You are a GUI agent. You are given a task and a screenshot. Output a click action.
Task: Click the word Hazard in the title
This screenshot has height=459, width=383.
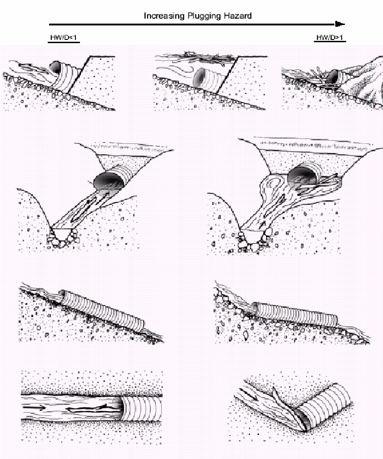[238, 15]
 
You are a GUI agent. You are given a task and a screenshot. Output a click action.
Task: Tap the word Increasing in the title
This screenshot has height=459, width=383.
[164, 16]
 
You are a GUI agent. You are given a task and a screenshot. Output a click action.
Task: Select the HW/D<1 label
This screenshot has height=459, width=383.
[63, 38]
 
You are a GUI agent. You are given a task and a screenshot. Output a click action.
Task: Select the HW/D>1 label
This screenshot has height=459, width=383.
[330, 38]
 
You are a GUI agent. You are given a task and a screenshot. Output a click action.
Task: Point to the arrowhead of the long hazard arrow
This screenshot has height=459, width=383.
[340, 25]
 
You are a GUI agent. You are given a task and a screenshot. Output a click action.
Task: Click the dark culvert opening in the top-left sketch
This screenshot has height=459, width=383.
[55, 67]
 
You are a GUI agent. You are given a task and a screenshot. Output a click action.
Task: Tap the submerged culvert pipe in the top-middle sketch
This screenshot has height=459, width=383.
[209, 79]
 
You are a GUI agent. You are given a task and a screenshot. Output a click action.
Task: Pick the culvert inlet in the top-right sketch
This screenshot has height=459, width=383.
[333, 77]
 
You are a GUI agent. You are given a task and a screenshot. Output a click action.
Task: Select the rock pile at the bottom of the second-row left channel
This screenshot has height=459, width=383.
[63, 238]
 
